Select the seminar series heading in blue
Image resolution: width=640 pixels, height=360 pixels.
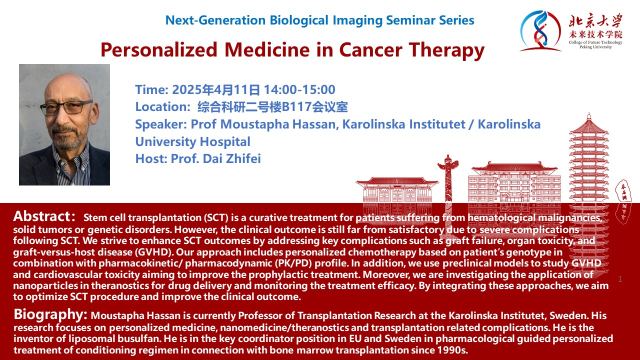(x=319, y=20)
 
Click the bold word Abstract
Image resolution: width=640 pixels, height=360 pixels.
(x=44, y=216)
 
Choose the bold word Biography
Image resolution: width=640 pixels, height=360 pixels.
(x=50, y=314)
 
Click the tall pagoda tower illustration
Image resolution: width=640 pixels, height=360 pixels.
(x=588, y=160)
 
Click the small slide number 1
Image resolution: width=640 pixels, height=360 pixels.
(x=620, y=279)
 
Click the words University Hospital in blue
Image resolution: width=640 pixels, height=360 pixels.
(x=192, y=141)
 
